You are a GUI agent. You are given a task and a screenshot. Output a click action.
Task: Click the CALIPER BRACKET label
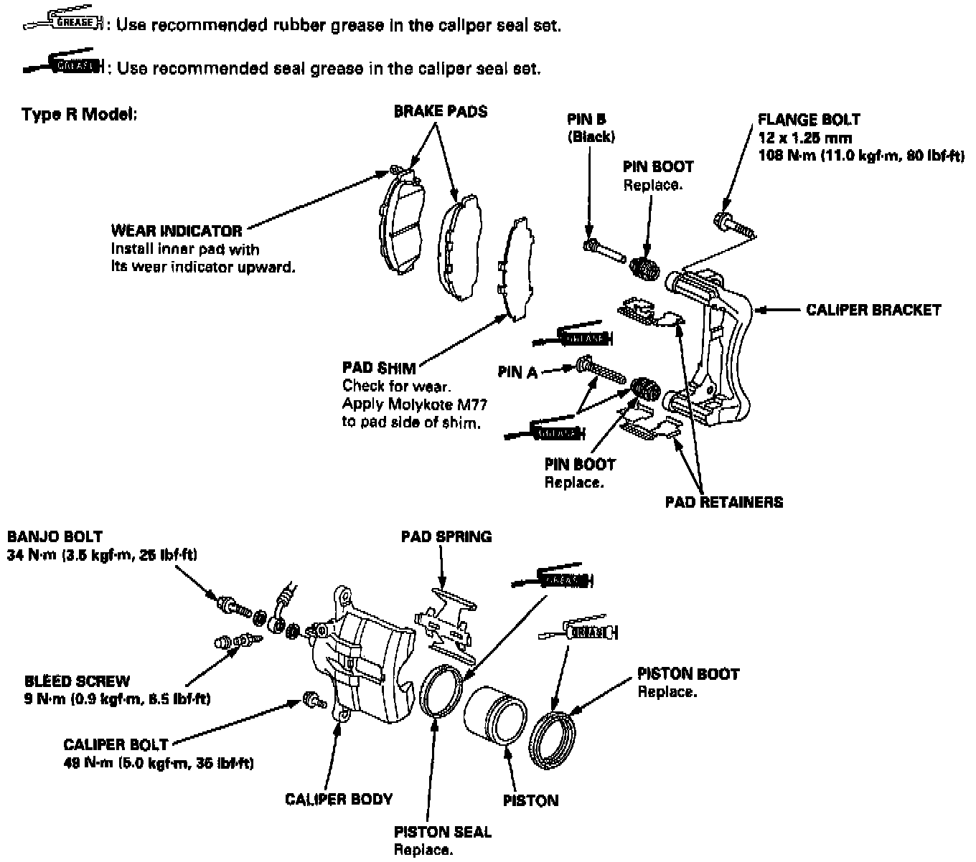click(x=873, y=311)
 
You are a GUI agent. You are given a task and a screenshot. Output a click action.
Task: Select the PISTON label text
click(x=531, y=800)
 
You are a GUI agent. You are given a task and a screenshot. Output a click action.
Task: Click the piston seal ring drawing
click(x=439, y=691)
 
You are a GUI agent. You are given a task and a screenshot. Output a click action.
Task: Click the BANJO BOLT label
click(x=55, y=536)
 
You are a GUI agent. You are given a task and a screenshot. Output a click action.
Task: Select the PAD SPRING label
click(x=446, y=536)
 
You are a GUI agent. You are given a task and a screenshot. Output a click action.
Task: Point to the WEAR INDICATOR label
click(x=177, y=231)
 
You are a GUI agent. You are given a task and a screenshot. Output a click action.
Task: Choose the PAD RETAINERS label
click(x=723, y=502)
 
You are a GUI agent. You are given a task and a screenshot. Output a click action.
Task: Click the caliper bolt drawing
click(x=311, y=699)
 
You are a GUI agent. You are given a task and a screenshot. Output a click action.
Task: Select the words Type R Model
click(x=79, y=115)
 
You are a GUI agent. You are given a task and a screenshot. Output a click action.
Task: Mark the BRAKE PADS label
click(x=440, y=112)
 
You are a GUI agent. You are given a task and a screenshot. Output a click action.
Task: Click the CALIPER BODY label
click(x=339, y=799)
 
